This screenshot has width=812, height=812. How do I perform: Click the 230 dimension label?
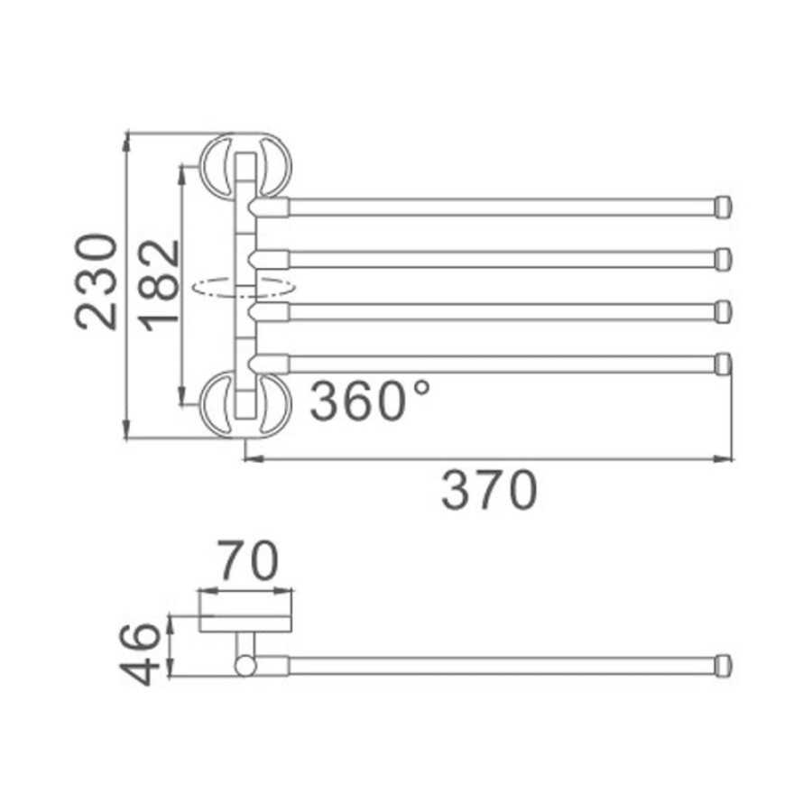point(97,281)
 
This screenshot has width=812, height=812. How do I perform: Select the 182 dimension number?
point(161,286)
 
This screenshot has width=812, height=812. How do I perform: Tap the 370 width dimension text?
point(489,490)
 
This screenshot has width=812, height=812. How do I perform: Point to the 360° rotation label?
point(369,400)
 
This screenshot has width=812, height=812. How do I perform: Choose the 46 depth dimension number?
point(139,654)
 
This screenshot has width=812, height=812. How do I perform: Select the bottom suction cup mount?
point(246,405)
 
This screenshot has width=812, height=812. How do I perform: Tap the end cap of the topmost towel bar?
point(724,207)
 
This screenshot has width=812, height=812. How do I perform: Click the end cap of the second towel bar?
point(724,259)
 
